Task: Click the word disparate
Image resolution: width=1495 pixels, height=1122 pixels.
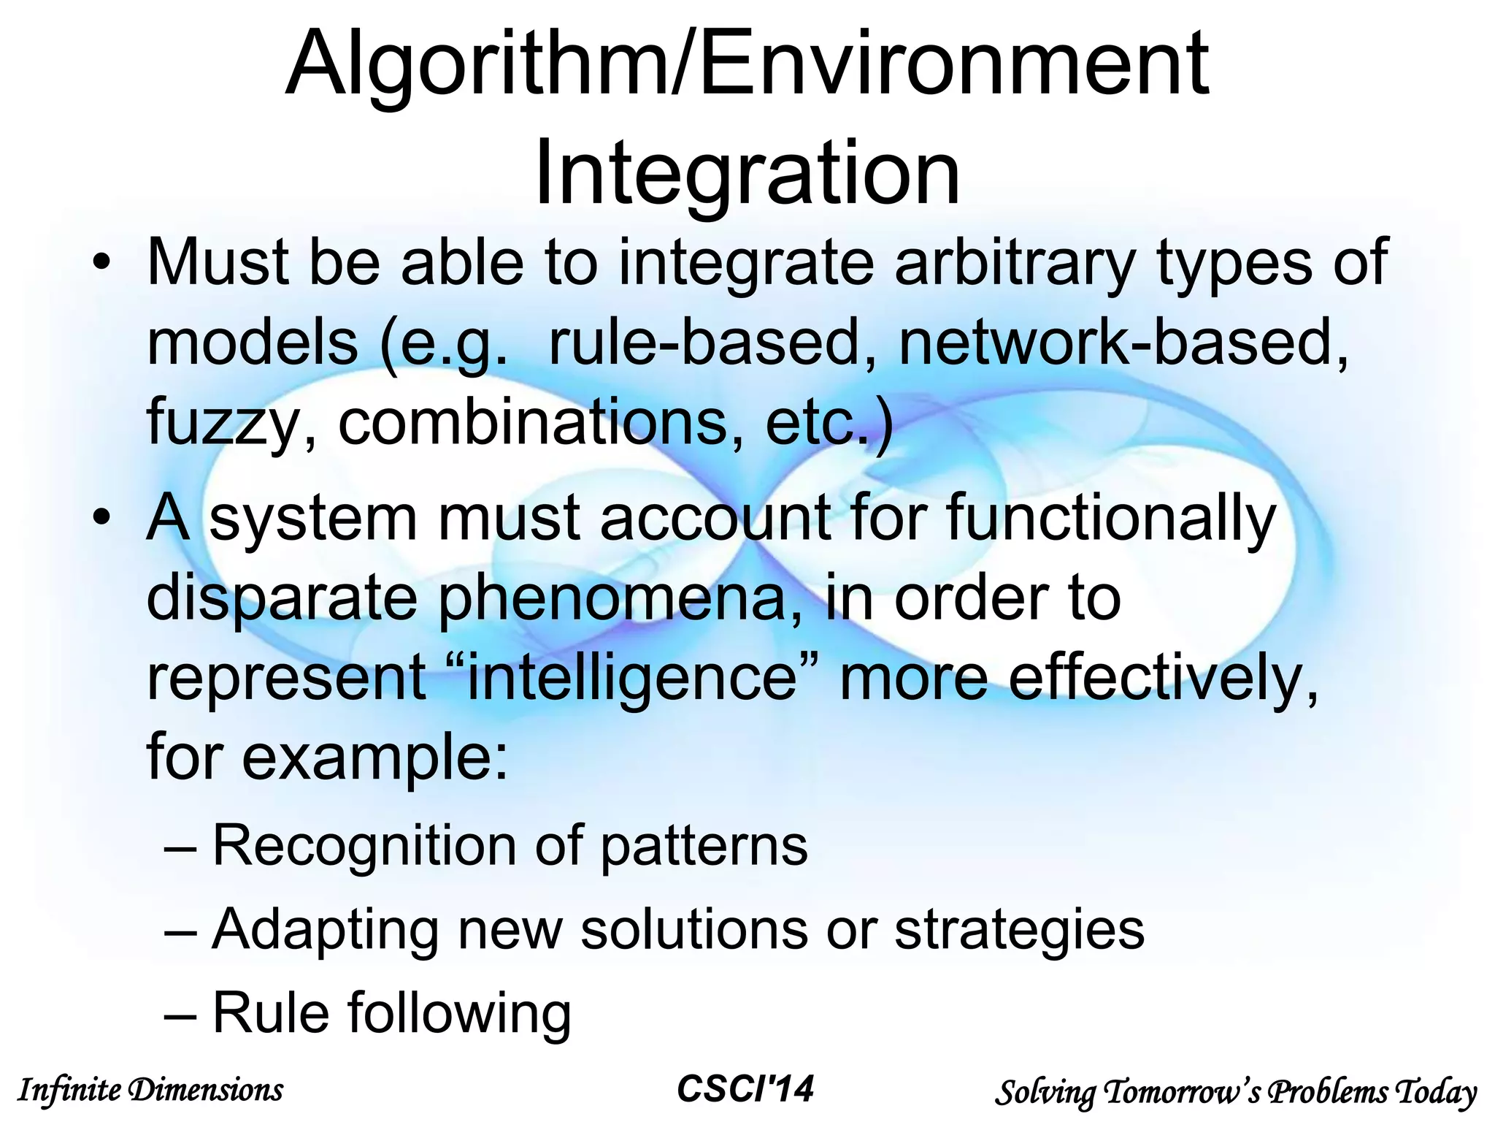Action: coord(281,598)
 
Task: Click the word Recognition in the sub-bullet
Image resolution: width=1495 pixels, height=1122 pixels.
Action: coord(365,846)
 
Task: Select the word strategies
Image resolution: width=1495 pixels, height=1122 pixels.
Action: coord(1020,929)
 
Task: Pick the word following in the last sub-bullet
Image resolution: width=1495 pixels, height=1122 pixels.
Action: coord(459,1012)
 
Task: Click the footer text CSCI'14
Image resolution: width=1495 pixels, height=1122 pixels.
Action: coord(745,1089)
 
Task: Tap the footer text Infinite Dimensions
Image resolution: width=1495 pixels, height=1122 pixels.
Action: coord(150,1091)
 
